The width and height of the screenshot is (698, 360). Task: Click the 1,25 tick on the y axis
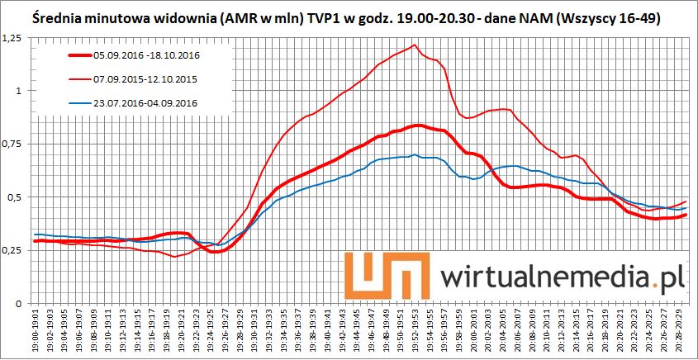(x=12, y=38)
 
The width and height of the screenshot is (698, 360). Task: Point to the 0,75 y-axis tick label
(x=12, y=144)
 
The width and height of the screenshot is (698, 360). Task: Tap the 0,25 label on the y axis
(x=12, y=251)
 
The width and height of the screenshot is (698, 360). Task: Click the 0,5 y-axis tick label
(x=14, y=198)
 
